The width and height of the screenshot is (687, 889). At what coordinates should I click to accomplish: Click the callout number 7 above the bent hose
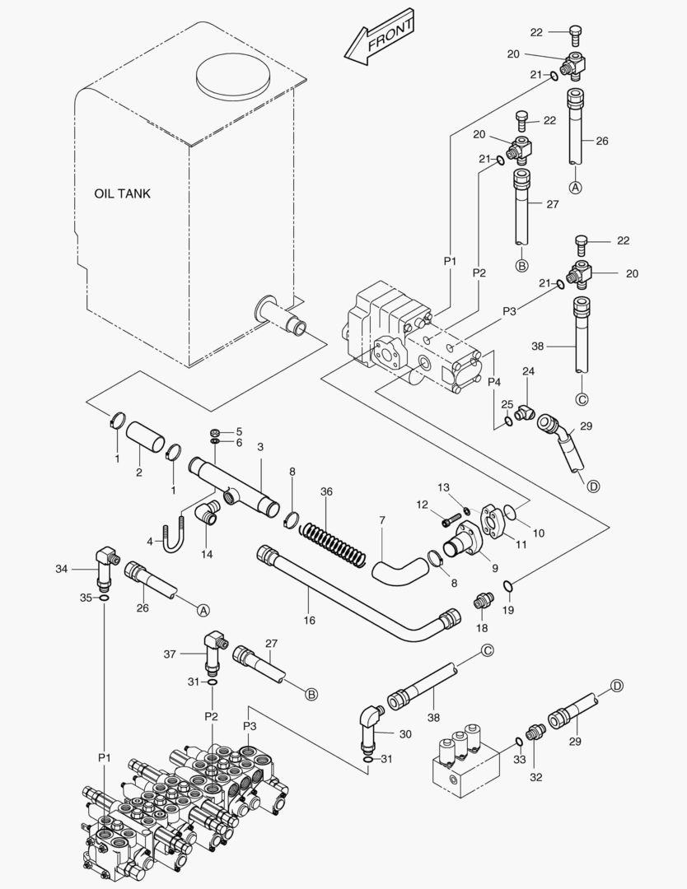(x=381, y=520)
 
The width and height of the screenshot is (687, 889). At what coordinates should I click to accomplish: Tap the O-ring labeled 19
(x=510, y=585)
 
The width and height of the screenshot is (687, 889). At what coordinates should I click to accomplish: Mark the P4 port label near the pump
(x=494, y=382)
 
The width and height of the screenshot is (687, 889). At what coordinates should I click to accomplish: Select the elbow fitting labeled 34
(x=105, y=567)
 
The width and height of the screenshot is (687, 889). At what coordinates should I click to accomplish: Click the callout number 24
(x=529, y=372)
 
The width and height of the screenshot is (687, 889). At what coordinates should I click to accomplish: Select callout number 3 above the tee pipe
(x=260, y=447)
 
